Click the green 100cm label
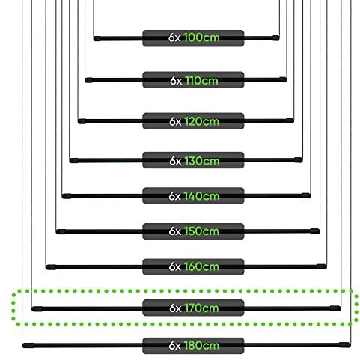pos(201,37)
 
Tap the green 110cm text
pos(201,81)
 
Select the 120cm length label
pos(201,121)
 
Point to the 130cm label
pos(201,161)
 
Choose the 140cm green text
pos(201,196)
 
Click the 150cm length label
pos(201,231)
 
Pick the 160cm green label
pos(201,266)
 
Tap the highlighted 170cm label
pos(201,308)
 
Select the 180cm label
pos(201,346)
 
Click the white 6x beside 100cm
pos(174,37)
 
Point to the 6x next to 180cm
pos(174,346)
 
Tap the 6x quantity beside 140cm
pos(174,196)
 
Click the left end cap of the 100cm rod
pos(97,39)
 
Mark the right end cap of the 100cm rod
pos(275,38)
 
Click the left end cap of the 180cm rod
pos(28,346)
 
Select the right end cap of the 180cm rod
pos(345,345)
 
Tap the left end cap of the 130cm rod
pos(74,161)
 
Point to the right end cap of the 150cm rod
pos(315,231)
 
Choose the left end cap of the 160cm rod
pos(51,267)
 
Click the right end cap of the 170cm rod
pos(335,308)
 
